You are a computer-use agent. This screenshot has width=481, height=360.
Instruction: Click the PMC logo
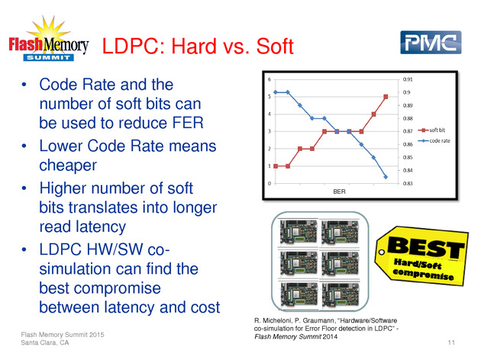pos(431,42)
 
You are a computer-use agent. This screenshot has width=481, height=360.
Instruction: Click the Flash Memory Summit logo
pos(49,39)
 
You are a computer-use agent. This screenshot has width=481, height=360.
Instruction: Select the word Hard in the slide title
pos(194,47)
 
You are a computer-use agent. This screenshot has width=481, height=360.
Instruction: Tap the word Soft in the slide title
pos(275,47)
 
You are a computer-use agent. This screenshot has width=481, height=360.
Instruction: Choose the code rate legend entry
pos(434,141)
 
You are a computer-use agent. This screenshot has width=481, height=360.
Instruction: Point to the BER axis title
pos(339,191)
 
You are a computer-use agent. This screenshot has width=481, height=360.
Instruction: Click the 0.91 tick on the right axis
pos(408,79)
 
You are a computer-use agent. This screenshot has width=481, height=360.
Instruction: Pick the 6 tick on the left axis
pos(270,79)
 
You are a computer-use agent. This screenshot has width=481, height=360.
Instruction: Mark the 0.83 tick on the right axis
pos(408,184)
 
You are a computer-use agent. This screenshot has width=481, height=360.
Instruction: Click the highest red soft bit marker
pos(386,97)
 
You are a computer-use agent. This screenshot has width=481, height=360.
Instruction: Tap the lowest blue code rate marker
pos(386,177)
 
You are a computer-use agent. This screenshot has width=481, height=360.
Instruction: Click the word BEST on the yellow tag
pos(426,248)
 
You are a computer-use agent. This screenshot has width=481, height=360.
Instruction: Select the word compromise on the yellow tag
pos(423,274)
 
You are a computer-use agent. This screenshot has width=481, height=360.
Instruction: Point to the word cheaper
pos(68,166)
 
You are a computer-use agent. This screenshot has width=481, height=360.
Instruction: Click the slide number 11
pos(451,342)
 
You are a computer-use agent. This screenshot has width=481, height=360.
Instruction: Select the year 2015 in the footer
pos(97,335)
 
